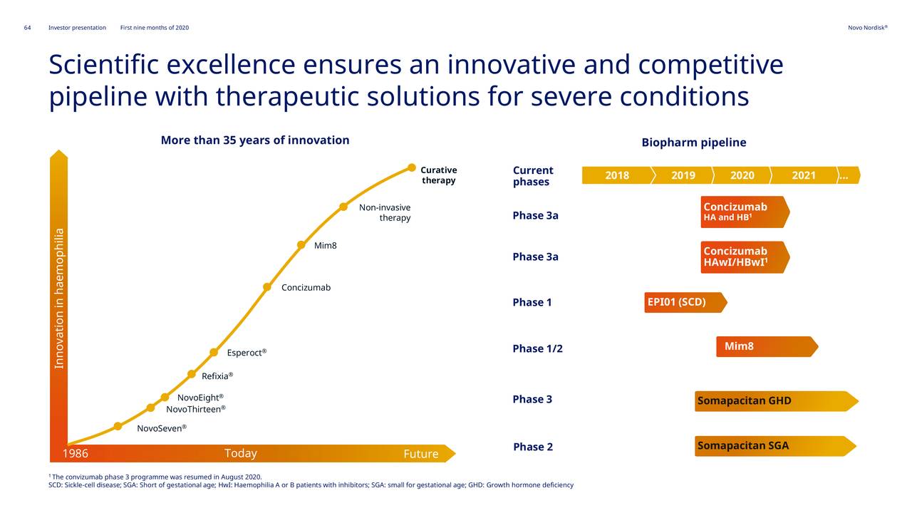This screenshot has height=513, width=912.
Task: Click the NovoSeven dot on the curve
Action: [118, 426]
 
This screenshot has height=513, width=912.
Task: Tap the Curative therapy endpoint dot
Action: [412, 167]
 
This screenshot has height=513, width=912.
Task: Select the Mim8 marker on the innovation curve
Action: [301, 244]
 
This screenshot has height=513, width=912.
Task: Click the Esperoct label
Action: [247, 353]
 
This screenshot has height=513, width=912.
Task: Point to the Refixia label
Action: [217, 375]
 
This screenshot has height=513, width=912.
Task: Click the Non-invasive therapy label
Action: [385, 212]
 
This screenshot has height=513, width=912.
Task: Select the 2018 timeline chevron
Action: [618, 175]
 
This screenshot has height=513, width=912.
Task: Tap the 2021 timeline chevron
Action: [804, 175]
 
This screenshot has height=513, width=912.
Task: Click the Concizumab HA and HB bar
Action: [745, 212]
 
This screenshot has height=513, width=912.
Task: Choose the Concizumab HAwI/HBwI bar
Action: [745, 257]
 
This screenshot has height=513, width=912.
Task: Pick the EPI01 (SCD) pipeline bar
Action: [685, 302]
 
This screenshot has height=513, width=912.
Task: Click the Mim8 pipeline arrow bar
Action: [767, 346]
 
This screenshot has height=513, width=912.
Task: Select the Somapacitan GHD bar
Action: [777, 401]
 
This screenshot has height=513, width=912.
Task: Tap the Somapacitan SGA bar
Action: [775, 446]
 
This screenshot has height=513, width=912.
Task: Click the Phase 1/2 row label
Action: [537, 348]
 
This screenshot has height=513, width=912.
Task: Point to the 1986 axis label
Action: [76, 453]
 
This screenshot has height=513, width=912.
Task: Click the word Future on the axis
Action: [421, 454]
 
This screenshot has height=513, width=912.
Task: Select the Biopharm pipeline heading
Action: [694, 142]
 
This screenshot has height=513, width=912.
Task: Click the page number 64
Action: [27, 28]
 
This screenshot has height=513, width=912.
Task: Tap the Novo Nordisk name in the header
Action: [868, 28]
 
